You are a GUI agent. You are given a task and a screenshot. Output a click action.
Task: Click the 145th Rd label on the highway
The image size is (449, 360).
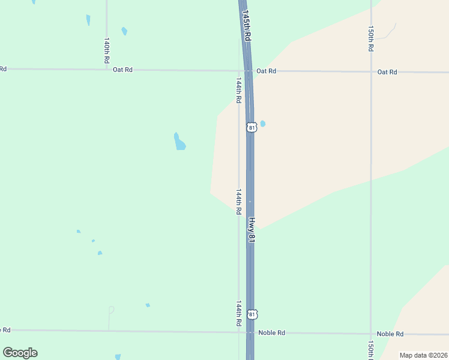tap(246, 25)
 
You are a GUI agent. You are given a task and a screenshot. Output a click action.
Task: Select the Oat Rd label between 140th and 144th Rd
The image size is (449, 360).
tap(122, 70)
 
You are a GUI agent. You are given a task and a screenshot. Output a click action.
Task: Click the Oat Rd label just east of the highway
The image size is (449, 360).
tap(266, 71)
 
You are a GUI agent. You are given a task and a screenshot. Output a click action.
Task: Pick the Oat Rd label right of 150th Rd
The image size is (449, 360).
tap(387, 72)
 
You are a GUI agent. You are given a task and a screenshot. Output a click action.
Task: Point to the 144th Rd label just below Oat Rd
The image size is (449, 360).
tap(238, 89)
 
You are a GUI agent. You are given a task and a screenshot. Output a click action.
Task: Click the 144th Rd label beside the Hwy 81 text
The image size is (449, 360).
tap(238, 202)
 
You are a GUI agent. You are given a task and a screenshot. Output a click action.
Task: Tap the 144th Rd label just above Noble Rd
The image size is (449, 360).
tap(238, 313)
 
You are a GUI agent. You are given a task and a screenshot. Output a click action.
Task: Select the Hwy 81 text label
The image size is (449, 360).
tap(252, 230)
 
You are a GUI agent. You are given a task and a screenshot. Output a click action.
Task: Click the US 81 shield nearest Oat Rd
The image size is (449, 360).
tap(252, 127)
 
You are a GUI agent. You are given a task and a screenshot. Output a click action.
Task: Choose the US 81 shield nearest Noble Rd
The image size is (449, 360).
tap(253, 314)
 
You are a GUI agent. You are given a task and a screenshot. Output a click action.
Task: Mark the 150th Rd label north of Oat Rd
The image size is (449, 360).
tap(372, 38)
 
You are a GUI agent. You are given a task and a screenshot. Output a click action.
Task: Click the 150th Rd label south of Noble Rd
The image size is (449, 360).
tap(371, 350)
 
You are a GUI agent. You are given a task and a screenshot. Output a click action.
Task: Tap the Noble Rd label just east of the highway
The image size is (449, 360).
tap(271, 332)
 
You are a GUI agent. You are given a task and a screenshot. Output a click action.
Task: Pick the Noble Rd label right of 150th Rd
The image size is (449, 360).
tap(390, 334)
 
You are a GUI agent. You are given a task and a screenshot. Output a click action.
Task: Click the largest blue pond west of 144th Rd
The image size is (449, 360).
tap(179, 142)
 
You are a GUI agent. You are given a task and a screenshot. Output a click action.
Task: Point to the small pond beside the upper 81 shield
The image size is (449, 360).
tap(262, 124)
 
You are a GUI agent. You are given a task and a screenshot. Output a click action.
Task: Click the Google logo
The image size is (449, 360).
tap(20, 353)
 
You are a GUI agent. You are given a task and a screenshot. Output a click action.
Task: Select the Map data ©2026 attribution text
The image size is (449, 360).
tap(423, 355)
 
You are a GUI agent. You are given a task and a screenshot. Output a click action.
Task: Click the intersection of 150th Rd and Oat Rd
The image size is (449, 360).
tap(371, 72)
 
